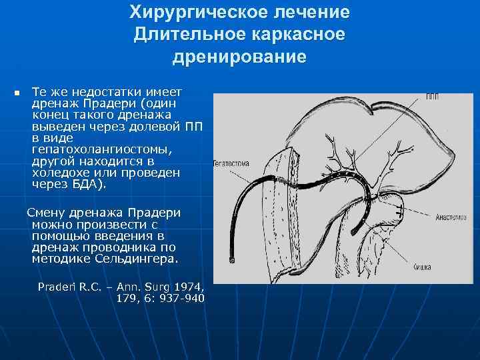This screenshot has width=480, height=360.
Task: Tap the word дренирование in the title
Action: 239,57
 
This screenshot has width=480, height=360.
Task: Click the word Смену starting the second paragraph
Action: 44,213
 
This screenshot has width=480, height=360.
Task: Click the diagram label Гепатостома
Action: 231,162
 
